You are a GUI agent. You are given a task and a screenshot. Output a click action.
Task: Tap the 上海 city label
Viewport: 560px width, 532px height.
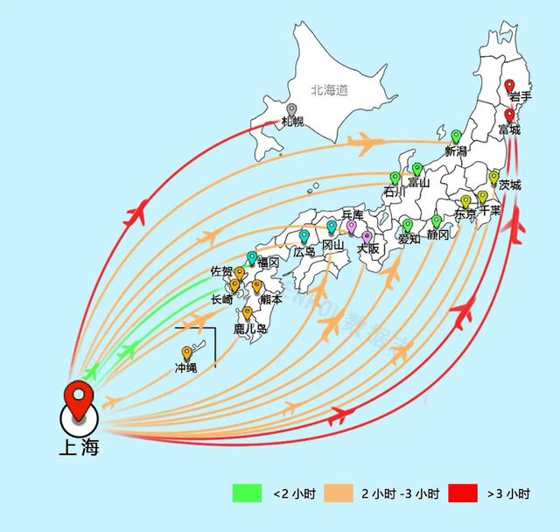(x=79, y=448)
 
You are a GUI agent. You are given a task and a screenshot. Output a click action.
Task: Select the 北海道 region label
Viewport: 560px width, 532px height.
(x=329, y=90)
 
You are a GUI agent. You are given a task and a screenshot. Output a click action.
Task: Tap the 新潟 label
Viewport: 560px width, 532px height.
(x=456, y=151)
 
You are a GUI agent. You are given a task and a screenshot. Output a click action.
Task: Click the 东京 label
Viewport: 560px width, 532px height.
(x=465, y=214)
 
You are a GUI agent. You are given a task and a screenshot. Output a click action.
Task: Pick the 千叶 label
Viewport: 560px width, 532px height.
(x=490, y=210)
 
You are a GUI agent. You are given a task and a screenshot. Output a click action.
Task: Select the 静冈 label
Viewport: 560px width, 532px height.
(x=437, y=235)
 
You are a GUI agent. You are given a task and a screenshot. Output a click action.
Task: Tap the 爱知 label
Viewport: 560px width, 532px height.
(x=409, y=238)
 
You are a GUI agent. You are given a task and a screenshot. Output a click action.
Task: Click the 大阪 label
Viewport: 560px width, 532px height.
(x=368, y=248)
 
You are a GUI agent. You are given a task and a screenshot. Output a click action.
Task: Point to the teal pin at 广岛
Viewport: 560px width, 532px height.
(x=304, y=235)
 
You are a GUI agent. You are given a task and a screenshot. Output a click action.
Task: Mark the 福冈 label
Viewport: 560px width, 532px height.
(x=268, y=262)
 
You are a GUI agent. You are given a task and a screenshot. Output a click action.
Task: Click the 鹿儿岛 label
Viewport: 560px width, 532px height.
(x=250, y=329)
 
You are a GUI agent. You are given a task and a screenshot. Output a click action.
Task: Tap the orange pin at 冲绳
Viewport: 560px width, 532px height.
(x=186, y=353)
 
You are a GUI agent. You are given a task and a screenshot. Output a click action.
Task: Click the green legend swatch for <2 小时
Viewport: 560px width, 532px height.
(x=248, y=493)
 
